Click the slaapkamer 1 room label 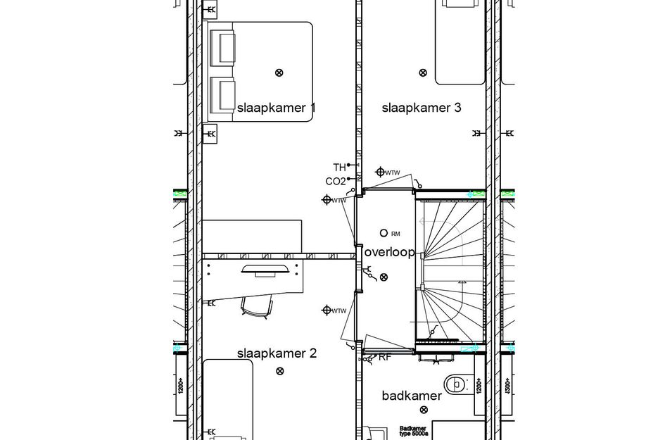coord(276,108)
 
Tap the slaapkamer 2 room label coord(277,353)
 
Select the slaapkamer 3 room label coord(422,108)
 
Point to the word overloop coord(389,253)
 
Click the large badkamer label coord(412,396)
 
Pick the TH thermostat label coord(340,168)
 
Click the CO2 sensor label coord(336,182)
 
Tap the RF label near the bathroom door coord(385,358)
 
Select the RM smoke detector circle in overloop coord(384,232)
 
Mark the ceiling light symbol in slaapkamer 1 coord(279,72)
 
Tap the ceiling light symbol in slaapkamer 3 coord(422,72)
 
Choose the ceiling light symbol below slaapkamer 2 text coord(280,371)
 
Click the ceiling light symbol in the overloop coord(384,277)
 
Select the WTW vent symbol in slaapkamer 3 coord(380,171)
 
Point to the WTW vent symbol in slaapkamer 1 coord(327,199)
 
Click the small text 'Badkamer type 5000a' coord(414,429)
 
